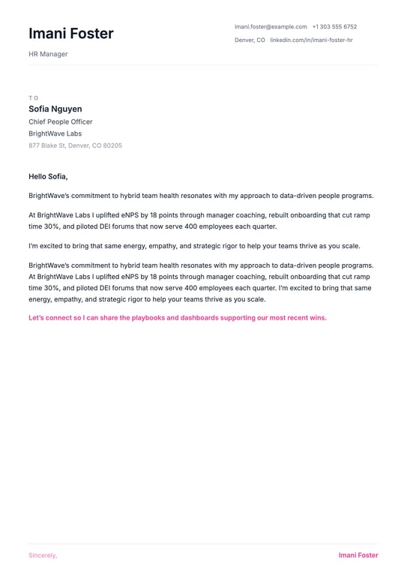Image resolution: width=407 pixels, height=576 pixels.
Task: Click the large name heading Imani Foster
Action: [x=71, y=34]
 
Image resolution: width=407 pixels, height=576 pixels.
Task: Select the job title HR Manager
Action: [x=48, y=54]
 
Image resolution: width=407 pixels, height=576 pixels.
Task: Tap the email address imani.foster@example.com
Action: [x=271, y=26]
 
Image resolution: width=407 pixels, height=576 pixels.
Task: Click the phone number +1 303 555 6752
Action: [x=334, y=26]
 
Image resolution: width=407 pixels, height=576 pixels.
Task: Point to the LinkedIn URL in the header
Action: [x=311, y=40]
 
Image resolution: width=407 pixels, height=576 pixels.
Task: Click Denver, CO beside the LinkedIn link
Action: [x=250, y=40]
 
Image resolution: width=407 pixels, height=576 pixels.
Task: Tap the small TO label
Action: [x=33, y=97]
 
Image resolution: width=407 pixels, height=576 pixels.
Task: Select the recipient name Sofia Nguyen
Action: [x=55, y=109]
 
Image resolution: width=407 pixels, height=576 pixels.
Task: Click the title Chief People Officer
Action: [x=61, y=121]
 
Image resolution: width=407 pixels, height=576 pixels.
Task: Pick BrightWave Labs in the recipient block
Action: [x=55, y=133]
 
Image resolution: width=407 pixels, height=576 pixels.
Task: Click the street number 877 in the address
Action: [x=34, y=145]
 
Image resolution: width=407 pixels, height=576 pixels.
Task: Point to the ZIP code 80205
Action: [x=112, y=145]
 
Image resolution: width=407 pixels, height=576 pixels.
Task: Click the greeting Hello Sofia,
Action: [x=48, y=176]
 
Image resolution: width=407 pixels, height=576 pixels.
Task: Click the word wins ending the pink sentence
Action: [x=318, y=317]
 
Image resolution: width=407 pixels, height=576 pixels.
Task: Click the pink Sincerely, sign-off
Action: [x=43, y=556]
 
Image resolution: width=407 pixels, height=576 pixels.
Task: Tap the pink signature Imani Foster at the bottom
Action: [x=358, y=556]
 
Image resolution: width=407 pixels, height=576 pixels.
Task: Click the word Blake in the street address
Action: [x=50, y=145]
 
